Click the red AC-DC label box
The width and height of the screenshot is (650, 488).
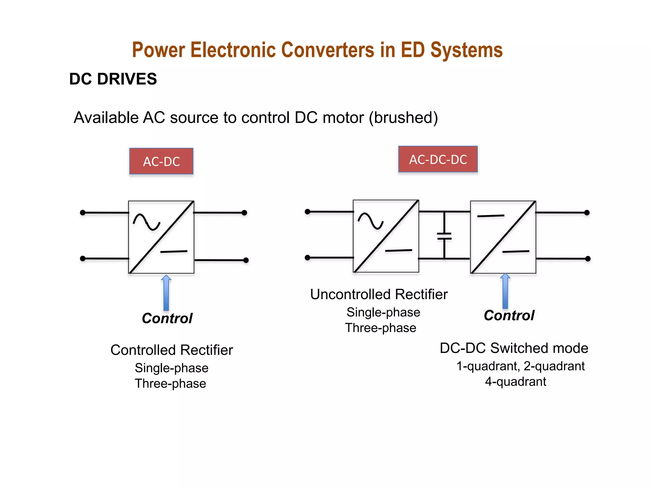(161, 161)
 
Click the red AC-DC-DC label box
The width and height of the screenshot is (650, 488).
(438, 159)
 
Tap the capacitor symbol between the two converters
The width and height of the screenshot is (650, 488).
(444, 236)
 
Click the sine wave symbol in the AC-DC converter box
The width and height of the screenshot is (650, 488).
(146, 221)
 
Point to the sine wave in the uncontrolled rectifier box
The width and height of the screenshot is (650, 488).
(371, 220)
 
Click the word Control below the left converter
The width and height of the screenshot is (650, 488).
(167, 318)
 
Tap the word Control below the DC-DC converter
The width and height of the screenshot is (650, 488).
(509, 315)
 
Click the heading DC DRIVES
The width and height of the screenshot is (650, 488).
(113, 79)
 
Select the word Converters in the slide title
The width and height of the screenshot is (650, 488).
(328, 50)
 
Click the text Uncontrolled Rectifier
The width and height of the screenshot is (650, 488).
(379, 294)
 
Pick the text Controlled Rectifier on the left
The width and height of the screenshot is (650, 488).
(171, 350)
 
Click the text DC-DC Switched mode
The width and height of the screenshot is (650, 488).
(514, 348)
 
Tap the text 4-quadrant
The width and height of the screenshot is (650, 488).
(515, 382)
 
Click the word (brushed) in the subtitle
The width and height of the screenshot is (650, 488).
(403, 118)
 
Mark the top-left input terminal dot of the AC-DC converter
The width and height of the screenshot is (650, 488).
(83, 213)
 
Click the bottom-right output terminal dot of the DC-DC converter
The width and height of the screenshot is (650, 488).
(587, 259)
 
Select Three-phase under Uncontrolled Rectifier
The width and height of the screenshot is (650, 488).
(381, 328)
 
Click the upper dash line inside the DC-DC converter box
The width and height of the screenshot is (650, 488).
(490, 216)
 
